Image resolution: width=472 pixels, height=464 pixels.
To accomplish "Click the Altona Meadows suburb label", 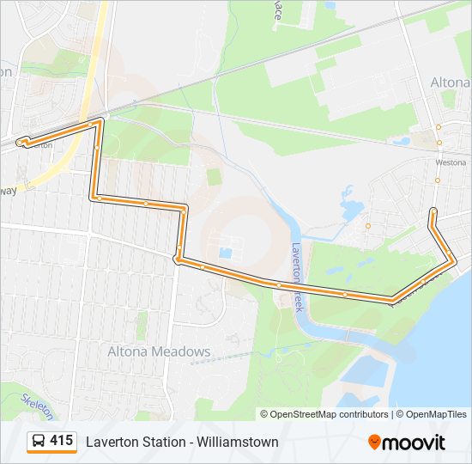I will (x=159, y=351).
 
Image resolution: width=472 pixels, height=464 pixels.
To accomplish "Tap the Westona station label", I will (x=451, y=162).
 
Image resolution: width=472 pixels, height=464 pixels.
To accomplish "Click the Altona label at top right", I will (x=449, y=82).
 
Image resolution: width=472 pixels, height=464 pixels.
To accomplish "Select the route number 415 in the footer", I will (x=61, y=441).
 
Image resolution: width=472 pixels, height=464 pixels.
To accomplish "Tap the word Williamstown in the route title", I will (x=238, y=443).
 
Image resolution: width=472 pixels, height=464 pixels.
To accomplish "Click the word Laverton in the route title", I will (x=110, y=443).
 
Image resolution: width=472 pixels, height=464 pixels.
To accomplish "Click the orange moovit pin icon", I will (x=374, y=442).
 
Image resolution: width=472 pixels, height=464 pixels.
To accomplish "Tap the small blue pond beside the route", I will (x=226, y=253).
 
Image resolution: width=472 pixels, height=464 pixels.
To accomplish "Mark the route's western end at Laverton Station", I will (x=21, y=141).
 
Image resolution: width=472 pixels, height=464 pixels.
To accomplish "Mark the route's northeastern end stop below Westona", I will (x=433, y=211).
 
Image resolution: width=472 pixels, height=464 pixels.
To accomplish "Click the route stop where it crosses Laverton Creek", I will (x=279, y=284).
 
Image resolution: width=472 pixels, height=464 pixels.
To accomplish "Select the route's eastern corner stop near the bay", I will (x=451, y=260).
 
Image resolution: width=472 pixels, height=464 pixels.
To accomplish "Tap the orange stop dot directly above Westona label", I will (x=439, y=143).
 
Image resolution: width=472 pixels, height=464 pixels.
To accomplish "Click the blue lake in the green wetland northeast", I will (x=352, y=206).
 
